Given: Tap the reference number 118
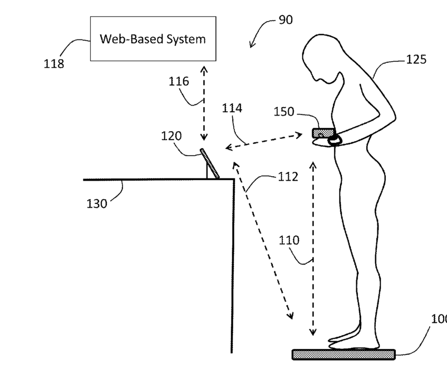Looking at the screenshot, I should click(x=54, y=63).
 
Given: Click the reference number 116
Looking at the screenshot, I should click(x=179, y=82).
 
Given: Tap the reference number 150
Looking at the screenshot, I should click(x=284, y=112).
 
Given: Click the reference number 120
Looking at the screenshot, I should click(x=171, y=136).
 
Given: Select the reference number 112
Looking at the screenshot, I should click(x=288, y=177).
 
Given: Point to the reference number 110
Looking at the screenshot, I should click(x=289, y=241).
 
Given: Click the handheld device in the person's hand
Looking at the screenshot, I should click(x=323, y=133).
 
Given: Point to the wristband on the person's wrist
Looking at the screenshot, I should click(x=335, y=139).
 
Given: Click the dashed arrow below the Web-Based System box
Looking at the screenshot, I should click(x=204, y=103).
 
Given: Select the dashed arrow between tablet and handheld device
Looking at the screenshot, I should click(x=267, y=140).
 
